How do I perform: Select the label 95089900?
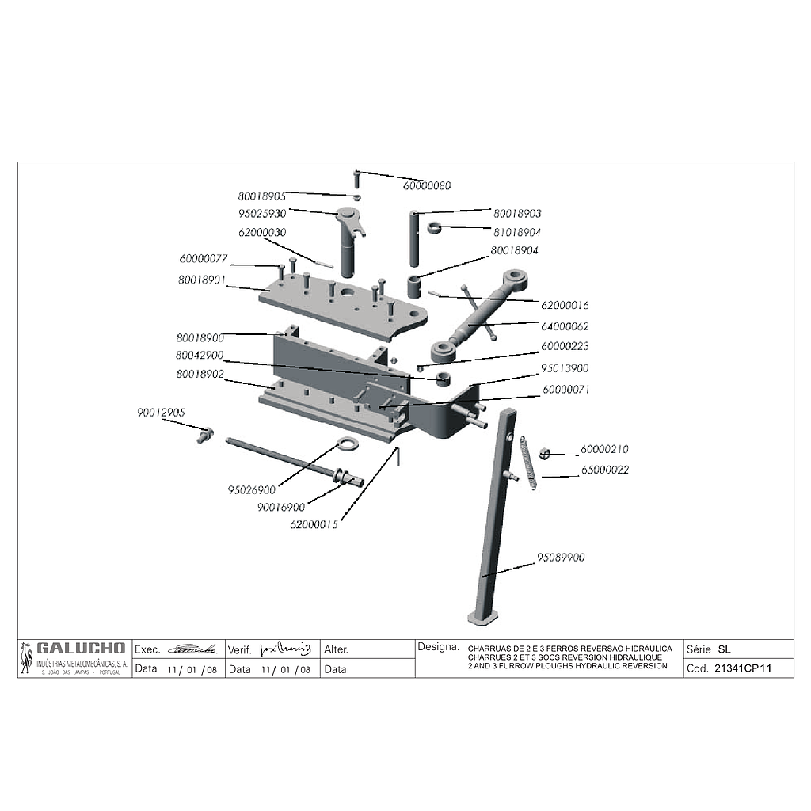[x=561, y=558]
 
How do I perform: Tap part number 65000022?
[x=604, y=470]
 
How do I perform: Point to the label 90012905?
[x=161, y=412]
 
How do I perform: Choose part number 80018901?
[x=201, y=280]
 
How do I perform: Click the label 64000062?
[x=565, y=326]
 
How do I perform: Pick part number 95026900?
[x=251, y=490]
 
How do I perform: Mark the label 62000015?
[x=314, y=524]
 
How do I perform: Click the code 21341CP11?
[x=742, y=668]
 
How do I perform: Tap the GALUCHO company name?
[x=80, y=648]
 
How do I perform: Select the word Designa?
[x=438, y=647]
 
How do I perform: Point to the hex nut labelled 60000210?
[x=544, y=453]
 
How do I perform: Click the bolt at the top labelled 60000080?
[x=357, y=177]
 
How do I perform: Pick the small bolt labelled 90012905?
[x=205, y=434]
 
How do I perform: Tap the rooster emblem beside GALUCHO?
[x=27, y=658]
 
